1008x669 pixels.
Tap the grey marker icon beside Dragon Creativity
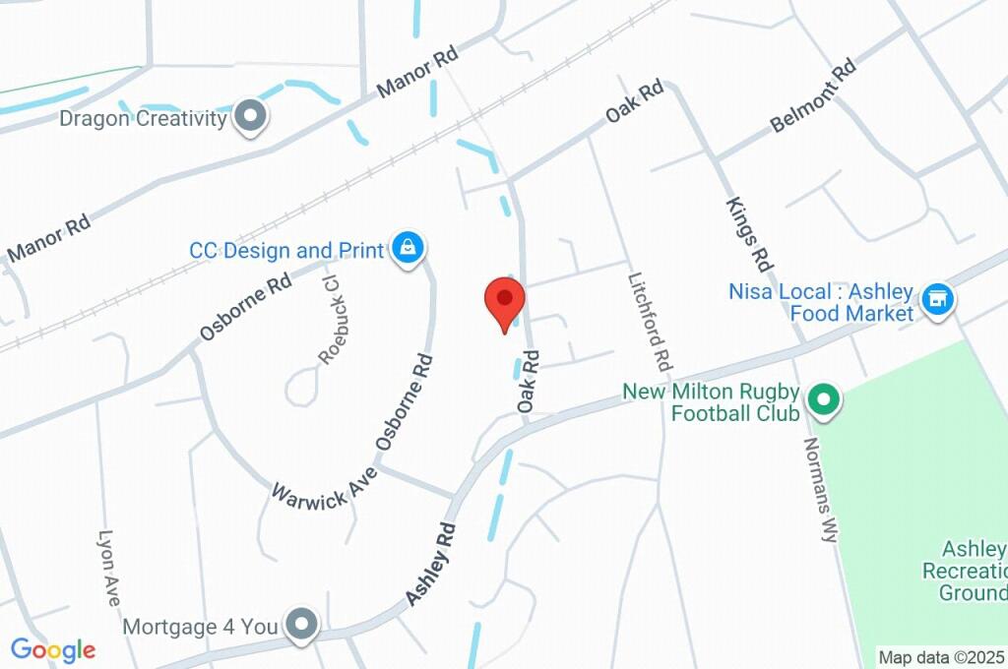point(253,117)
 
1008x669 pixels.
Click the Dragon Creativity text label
point(143,119)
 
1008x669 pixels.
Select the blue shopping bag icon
point(407,248)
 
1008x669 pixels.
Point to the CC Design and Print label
point(286,250)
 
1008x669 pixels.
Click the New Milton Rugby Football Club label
point(711,402)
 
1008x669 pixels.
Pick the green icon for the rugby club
point(823,399)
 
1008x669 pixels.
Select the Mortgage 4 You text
point(201,626)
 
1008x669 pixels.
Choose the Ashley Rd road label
point(431,564)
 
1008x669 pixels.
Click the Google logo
point(52,649)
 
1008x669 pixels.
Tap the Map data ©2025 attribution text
point(942,656)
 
